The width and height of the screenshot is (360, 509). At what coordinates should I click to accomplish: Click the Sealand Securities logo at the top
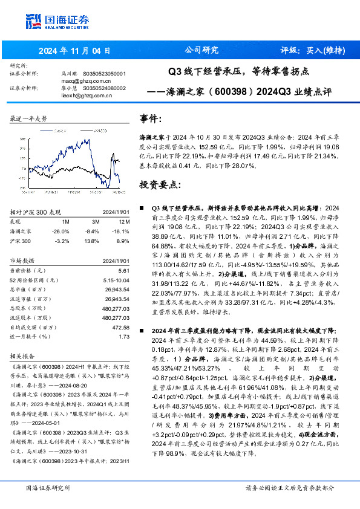click(x=57, y=22)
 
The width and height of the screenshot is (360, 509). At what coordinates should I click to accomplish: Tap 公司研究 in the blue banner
click(x=201, y=50)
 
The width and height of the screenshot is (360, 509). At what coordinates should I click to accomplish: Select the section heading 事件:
click(x=151, y=118)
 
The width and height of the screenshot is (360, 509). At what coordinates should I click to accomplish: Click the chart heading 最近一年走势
click(x=28, y=118)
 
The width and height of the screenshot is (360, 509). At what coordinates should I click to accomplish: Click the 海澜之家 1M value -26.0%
click(x=61, y=232)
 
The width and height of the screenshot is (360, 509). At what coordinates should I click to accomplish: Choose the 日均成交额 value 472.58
click(x=120, y=326)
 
